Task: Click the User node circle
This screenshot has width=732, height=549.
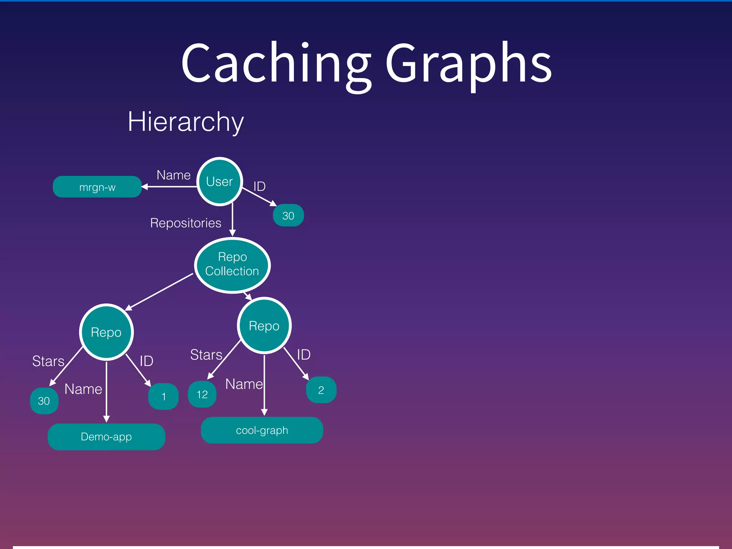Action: [x=219, y=182]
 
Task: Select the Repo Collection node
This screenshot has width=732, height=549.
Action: [x=232, y=265]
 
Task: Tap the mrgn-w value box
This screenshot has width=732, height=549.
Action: [x=97, y=187]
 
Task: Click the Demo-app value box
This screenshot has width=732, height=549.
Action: [x=106, y=436]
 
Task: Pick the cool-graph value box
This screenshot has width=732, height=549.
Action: [x=262, y=430]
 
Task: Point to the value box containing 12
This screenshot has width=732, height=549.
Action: [x=202, y=394]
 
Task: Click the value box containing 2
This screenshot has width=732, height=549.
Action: [x=321, y=390]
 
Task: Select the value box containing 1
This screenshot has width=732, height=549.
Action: [x=163, y=396]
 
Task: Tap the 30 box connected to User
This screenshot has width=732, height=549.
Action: [x=288, y=216]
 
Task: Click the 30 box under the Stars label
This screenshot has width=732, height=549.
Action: [x=44, y=401]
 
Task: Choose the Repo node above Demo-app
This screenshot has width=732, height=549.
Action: [x=106, y=332]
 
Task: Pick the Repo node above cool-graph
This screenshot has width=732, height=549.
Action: [x=264, y=326]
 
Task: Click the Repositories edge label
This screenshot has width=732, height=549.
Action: [x=186, y=223]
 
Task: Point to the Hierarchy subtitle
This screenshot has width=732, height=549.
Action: [x=186, y=122]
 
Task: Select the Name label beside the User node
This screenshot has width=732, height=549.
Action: [x=173, y=175]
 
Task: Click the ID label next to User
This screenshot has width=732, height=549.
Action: [x=259, y=186]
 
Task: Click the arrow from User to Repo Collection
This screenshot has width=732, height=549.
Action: [x=232, y=219]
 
